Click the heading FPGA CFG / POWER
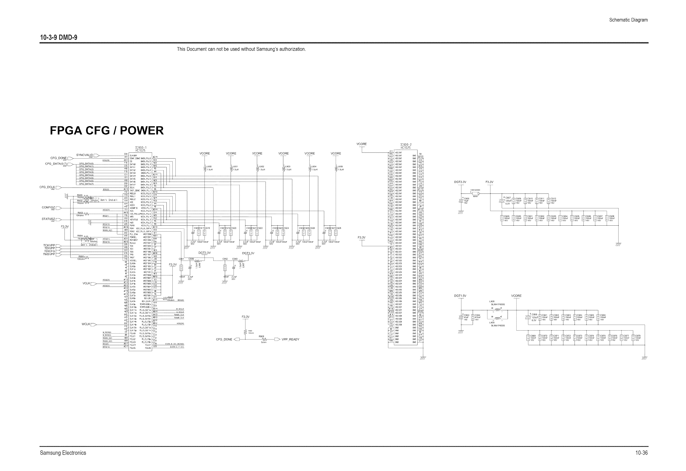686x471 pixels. pos(107,131)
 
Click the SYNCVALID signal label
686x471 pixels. pos(85,155)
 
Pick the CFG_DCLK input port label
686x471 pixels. pos(47,187)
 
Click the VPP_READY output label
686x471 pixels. pos(290,339)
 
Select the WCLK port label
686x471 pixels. pos(86,324)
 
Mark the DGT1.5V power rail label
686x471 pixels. pos(460,296)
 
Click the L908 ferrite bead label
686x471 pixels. pos(492,301)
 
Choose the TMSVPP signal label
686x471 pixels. pos(49,254)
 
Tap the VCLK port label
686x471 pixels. pos(86,283)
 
